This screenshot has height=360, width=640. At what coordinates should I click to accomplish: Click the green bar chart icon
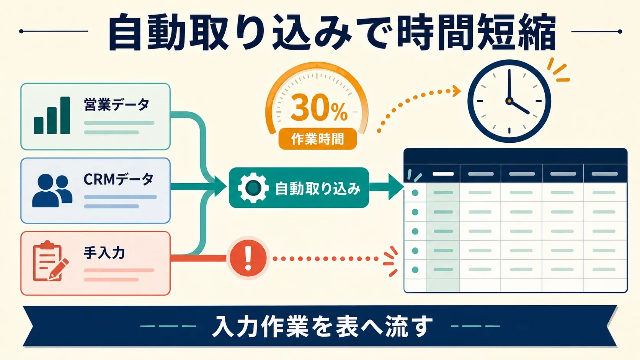[52, 115]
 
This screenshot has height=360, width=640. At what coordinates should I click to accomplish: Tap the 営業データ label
[117, 105]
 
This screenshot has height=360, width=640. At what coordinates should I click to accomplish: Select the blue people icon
[52, 191]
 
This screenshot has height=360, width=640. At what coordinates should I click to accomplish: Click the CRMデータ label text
[118, 179]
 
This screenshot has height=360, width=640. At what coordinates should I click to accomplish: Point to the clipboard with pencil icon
[51, 261]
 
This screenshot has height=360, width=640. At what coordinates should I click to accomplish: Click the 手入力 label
[104, 253]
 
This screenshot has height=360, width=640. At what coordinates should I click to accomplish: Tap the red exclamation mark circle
[248, 258]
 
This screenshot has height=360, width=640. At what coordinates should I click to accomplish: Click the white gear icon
[253, 188]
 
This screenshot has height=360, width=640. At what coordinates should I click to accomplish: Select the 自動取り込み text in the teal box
[317, 189]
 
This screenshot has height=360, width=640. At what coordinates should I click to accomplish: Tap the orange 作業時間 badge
[317, 139]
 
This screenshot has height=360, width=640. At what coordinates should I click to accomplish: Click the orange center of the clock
[509, 101]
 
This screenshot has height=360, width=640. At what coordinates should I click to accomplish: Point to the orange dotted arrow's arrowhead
[456, 91]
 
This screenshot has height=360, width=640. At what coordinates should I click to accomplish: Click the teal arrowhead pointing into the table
[396, 187]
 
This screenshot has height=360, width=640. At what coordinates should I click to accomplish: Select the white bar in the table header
[443, 174]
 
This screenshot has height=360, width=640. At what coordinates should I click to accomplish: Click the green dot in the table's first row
[415, 193]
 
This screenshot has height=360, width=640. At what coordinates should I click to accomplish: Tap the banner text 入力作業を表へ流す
[322, 326]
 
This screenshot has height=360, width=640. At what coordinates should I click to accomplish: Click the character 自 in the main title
[125, 31]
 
